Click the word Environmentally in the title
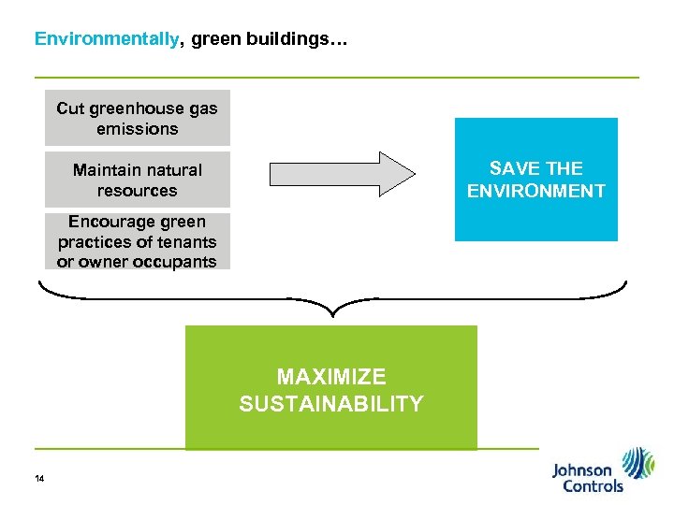pos(106,39)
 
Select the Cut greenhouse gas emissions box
pos(137,118)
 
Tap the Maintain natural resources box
pos(137,180)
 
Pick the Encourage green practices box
pos(137,242)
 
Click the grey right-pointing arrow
pos(342,173)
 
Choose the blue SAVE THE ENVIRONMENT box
pos(535,180)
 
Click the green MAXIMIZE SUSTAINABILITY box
pos(330,387)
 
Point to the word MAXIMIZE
pos(330,377)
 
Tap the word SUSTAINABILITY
pos(330,404)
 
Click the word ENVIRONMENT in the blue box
pos(535,191)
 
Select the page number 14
pos(38,480)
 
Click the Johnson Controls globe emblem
pos(638,462)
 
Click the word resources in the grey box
pos(137,191)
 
